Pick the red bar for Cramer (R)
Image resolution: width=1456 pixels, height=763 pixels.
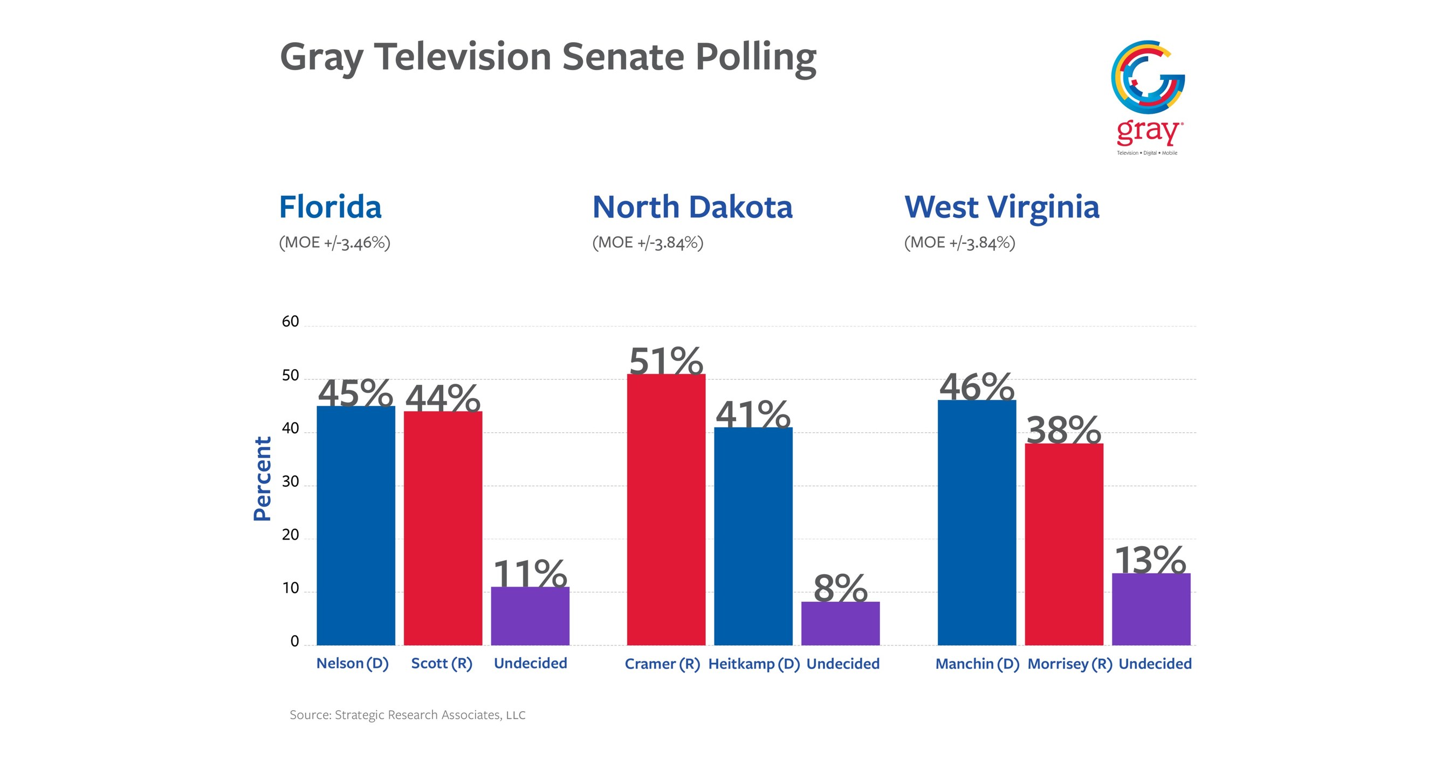tap(666, 509)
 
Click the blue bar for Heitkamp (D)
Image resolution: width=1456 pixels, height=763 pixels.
tap(753, 536)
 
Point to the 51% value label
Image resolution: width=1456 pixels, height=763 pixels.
tap(666, 360)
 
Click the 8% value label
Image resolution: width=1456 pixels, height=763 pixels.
tap(840, 588)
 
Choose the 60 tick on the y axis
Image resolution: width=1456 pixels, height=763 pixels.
tap(290, 322)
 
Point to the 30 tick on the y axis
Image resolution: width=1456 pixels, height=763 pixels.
tap(290, 481)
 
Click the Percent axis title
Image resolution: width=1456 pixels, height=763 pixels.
tap(262, 479)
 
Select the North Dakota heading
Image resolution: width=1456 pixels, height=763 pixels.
tap(692, 207)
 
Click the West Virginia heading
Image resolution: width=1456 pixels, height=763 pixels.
tap(1001, 207)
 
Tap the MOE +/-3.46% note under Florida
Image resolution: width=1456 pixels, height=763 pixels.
tap(334, 243)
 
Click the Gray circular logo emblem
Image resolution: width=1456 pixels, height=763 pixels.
tap(1148, 77)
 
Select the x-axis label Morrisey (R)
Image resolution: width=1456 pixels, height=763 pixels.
tap(1069, 664)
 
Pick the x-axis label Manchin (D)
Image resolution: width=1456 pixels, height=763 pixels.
tap(977, 664)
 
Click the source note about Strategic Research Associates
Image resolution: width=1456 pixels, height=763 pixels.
tap(407, 714)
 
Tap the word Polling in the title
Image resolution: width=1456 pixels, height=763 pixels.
tap(755, 57)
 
